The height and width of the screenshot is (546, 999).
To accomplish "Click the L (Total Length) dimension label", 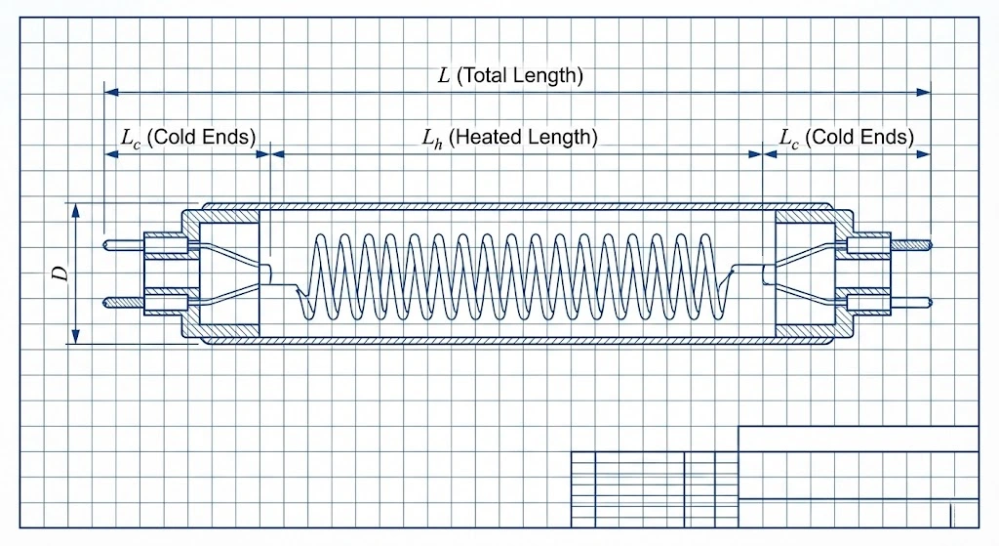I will (510, 75).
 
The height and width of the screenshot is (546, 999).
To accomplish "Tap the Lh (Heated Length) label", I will (509, 138).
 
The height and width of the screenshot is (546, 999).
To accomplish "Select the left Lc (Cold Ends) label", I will (188, 138).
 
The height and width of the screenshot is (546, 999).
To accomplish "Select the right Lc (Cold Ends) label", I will (846, 138).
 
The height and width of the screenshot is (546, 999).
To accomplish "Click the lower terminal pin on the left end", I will (123, 303).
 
